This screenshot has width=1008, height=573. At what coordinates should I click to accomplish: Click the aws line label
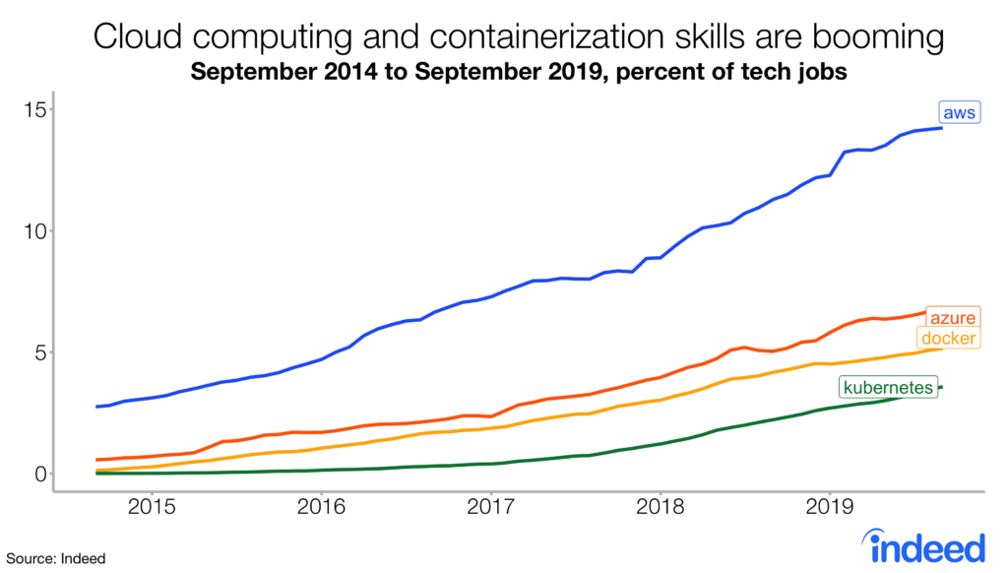(958, 113)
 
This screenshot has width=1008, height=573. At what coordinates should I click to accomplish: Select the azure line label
(954, 318)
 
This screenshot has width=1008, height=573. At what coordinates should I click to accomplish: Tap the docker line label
(949, 339)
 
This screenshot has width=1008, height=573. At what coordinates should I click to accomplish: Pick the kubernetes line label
(887, 388)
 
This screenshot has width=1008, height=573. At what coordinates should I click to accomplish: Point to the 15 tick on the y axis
(36, 109)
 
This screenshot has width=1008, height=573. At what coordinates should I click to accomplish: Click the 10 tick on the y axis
(36, 231)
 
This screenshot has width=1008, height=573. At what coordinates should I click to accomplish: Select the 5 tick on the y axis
(41, 352)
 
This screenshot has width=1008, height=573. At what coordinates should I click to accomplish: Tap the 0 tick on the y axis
(41, 474)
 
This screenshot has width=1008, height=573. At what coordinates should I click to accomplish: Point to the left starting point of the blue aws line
(96, 406)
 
